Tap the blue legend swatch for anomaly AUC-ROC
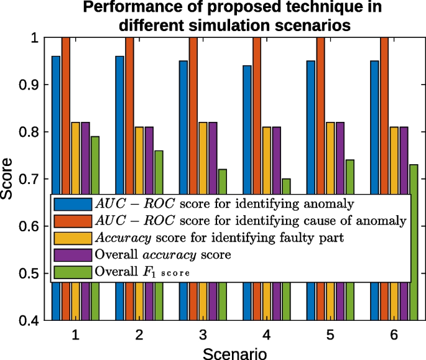pyautogui.click(x=72, y=203)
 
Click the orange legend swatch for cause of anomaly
pyautogui.click(x=72, y=220)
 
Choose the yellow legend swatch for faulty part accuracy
pyautogui.click(x=72, y=237)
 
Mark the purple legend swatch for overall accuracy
pyautogui.click(x=72, y=254)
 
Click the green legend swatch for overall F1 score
pyautogui.click(x=72, y=271)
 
